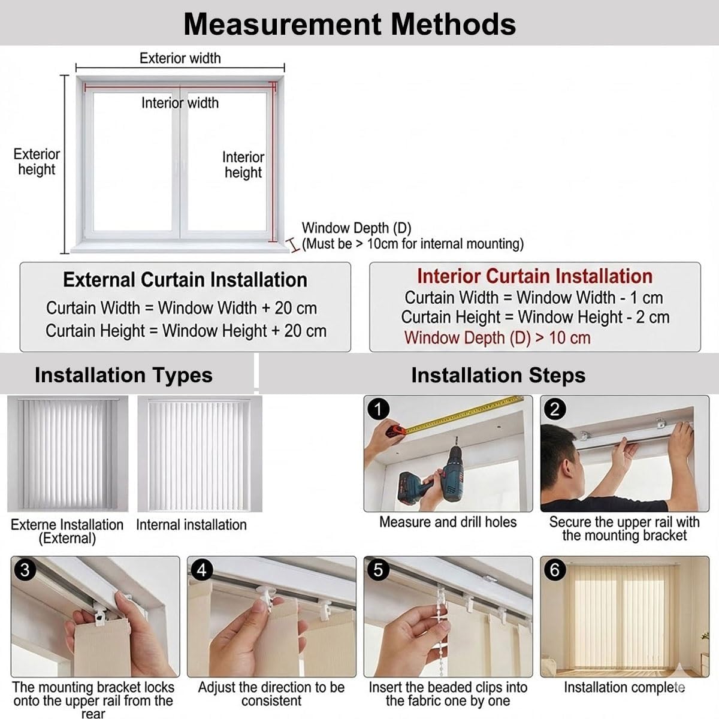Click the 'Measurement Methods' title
click(350, 24)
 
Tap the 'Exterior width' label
click(180, 58)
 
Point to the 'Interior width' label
click(180, 103)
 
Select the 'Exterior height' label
click(37, 162)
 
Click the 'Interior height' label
click(243, 165)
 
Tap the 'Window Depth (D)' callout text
click(357, 228)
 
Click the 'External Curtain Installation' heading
click(185, 280)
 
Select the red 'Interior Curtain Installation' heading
click(534, 276)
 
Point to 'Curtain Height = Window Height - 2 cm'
click(535, 317)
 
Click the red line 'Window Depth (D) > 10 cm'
click(497, 338)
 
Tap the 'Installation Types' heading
click(123, 375)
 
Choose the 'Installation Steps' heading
click(498, 375)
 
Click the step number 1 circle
click(378, 409)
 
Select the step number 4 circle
click(201, 570)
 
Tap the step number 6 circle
click(554, 570)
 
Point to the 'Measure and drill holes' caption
click(448, 522)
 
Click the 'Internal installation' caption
click(191, 525)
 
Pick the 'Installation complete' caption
click(624, 687)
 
